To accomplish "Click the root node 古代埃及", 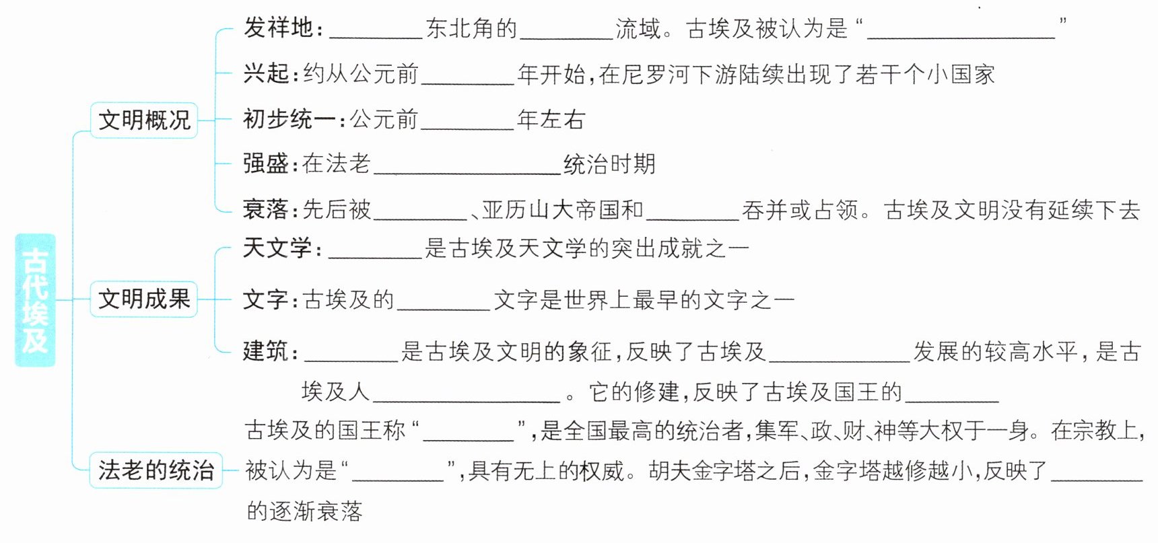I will pyautogui.click(x=35, y=300).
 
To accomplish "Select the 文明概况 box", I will pyautogui.click(x=144, y=120).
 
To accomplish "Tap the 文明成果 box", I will pyautogui.click(x=144, y=299).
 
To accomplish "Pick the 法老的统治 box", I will pyautogui.click(x=156, y=470).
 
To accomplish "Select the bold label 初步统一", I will pyautogui.click(x=289, y=120).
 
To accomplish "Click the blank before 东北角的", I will pyautogui.click(x=376, y=31).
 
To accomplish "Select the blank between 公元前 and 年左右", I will pyautogui.click(x=467, y=121).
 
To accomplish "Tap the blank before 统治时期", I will pyautogui.click(x=467, y=166).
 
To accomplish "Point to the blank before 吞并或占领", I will pyautogui.click(x=693, y=211).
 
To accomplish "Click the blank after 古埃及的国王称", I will pyautogui.click(x=469, y=432).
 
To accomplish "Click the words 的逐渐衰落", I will pyautogui.click(x=304, y=511).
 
